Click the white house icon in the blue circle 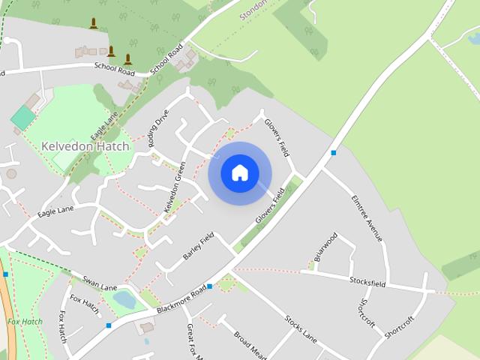click(x=240, y=173)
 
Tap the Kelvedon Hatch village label click(x=85, y=146)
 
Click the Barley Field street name click(x=198, y=246)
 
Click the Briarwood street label click(x=325, y=247)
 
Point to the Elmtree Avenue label click(x=367, y=218)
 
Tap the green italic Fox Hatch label click(x=25, y=322)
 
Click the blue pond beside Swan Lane click(x=124, y=300)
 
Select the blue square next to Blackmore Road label click(x=210, y=286)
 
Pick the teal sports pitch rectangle click(x=23, y=117)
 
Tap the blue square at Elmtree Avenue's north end click(x=334, y=153)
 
